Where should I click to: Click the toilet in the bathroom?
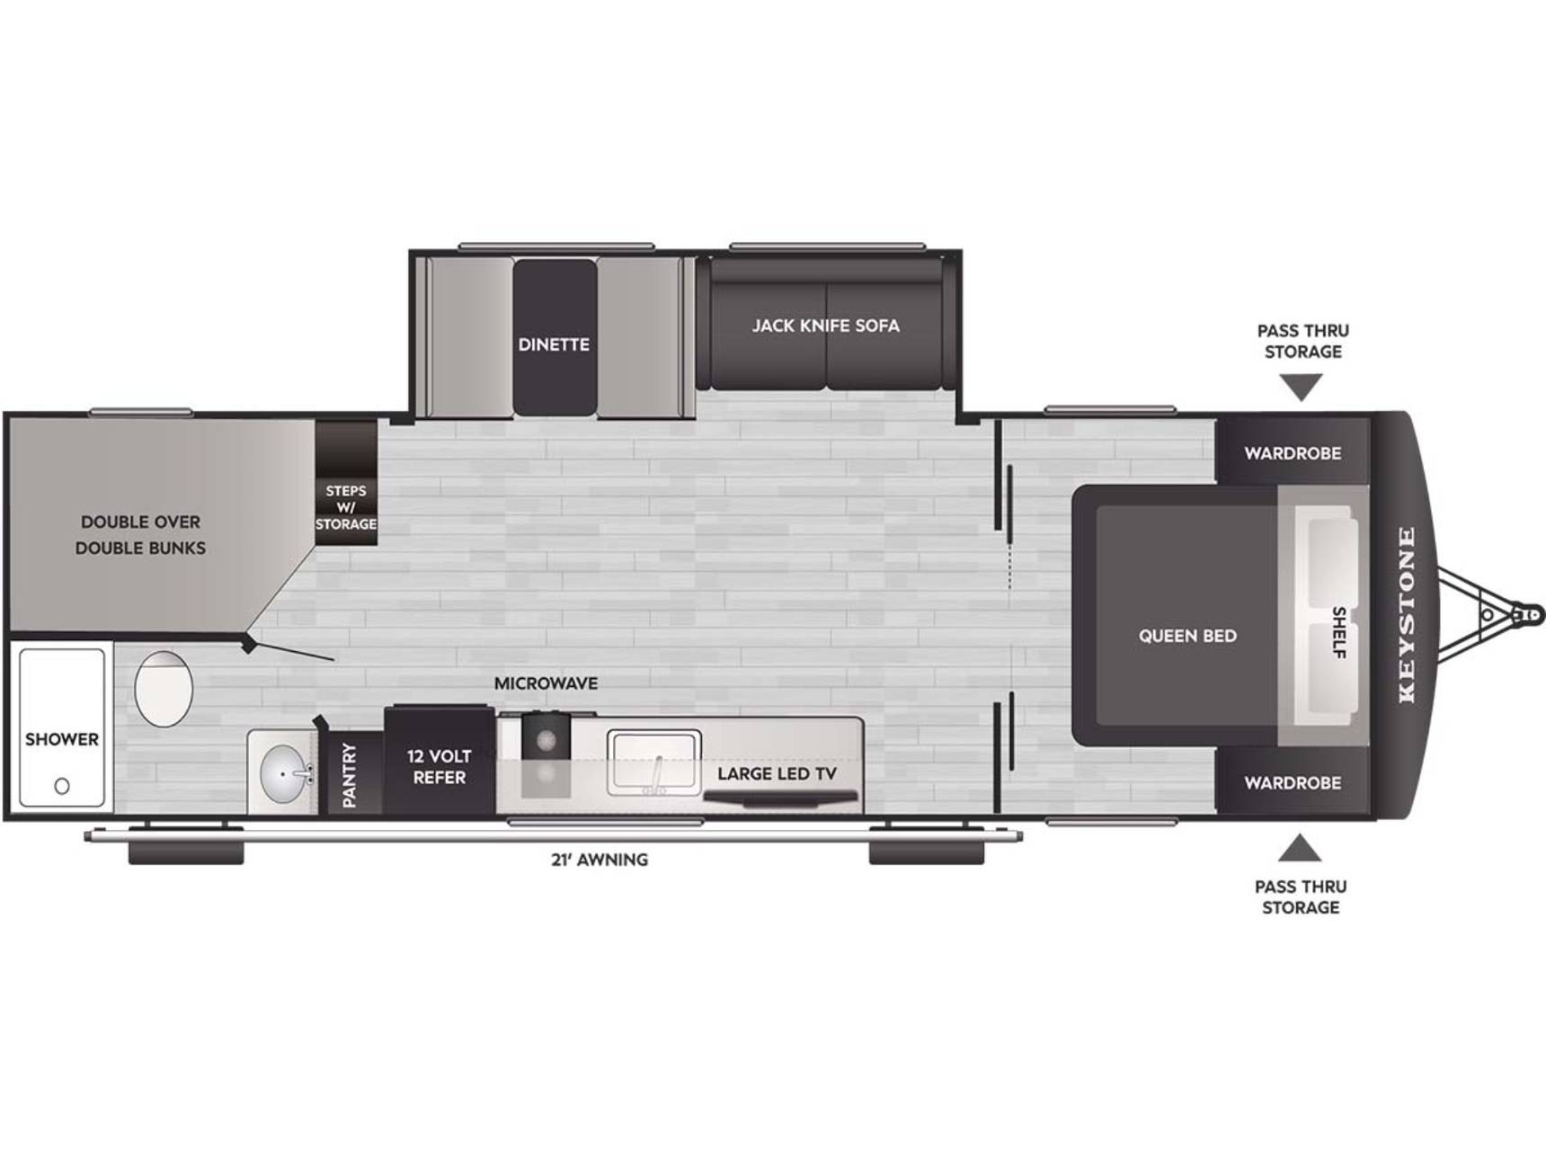click(164, 689)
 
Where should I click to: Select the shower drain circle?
click(62, 786)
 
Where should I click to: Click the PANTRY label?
click(350, 774)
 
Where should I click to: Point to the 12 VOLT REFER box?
click(439, 766)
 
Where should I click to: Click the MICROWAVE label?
click(546, 683)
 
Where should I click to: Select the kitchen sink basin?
click(653, 762)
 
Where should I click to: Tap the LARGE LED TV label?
click(777, 773)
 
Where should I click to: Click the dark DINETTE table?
click(555, 338)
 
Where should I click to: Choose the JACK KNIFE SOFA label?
click(825, 326)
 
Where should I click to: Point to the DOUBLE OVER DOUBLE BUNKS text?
click(140, 534)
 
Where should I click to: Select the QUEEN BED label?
click(1187, 636)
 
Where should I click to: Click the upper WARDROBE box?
click(1293, 452)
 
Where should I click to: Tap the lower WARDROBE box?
click(1293, 782)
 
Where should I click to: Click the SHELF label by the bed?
click(1338, 632)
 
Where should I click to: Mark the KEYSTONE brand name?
click(1407, 615)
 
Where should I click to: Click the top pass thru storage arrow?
click(1301, 387)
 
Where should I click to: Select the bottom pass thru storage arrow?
click(1300, 849)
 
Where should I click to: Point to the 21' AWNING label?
click(600, 860)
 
